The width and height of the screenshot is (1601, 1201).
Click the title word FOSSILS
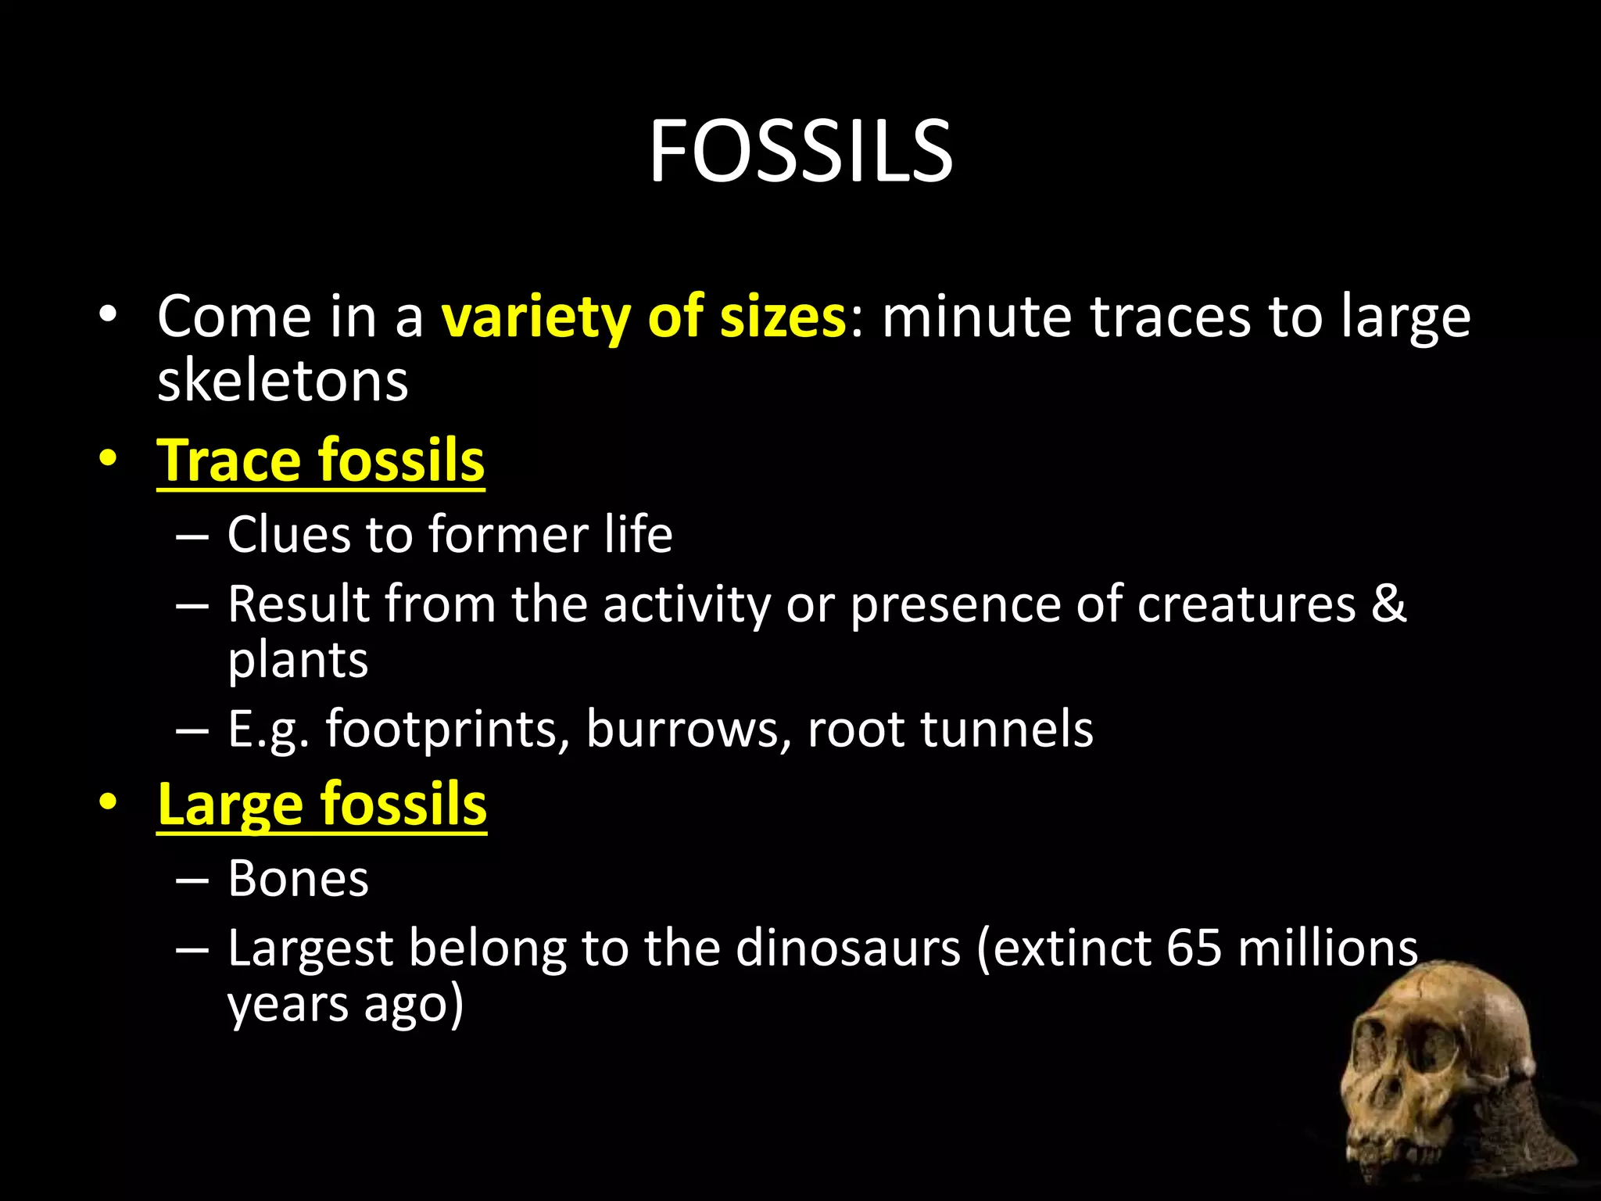(x=800, y=152)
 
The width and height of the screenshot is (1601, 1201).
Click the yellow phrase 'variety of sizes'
(x=643, y=317)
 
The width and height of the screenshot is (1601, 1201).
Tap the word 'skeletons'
(x=282, y=382)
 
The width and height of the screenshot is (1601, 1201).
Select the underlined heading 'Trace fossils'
(x=321, y=461)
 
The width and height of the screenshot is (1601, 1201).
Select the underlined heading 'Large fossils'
(x=321, y=805)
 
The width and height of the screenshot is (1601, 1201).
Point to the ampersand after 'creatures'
(x=1388, y=604)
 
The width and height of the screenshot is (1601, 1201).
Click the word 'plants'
(x=297, y=661)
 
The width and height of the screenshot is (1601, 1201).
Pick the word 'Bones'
(x=297, y=879)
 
